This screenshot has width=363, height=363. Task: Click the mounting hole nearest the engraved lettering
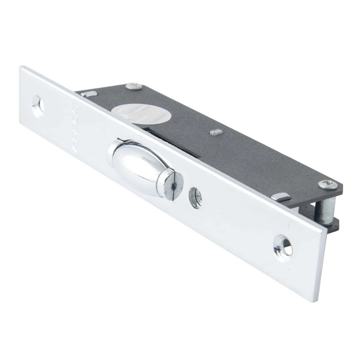pyautogui.click(x=38, y=106)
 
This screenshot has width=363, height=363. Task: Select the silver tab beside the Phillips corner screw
pyautogui.click(x=281, y=197)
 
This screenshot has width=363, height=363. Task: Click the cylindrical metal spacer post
pyautogui.click(x=329, y=210)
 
